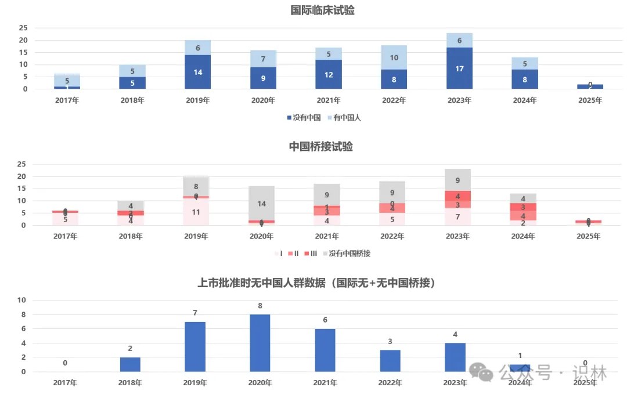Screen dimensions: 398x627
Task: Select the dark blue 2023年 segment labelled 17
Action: coord(459,68)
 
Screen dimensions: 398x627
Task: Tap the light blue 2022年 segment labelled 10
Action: coord(394,57)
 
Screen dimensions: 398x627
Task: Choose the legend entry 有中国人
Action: coord(344,118)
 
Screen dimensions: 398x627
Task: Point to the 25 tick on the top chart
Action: coord(23,28)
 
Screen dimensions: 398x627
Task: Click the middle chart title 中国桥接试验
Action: coord(321,147)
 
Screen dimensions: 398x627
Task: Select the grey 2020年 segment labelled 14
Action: coord(261,204)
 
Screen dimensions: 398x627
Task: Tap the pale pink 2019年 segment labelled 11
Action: coord(196,212)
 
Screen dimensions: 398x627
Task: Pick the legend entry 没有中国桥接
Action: coord(349,254)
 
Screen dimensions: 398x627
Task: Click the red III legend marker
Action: coord(305,254)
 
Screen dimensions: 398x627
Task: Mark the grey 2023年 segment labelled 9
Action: coord(458,180)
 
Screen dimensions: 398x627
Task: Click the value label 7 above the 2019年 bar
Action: coord(195,313)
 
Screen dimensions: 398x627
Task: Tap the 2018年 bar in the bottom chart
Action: coord(130,364)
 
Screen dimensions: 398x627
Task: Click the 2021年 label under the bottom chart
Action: coord(325,382)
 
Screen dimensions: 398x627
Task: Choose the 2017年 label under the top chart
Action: coord(67,100)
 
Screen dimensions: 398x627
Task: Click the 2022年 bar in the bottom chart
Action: coord(390,361)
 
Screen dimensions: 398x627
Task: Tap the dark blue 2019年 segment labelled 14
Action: coord(198,72)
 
